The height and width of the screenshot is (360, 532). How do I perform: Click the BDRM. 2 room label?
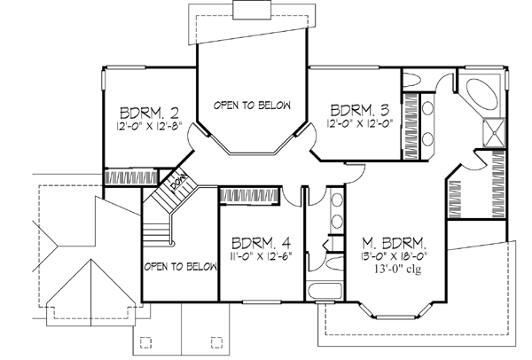(150, 113)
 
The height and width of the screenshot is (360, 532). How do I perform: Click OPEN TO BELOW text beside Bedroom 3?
(252, 104)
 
